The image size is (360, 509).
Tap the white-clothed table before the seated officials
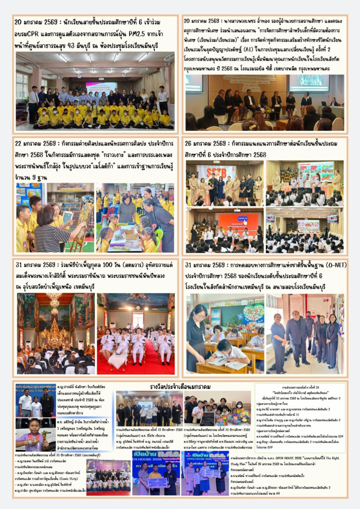tap(117, 359)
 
